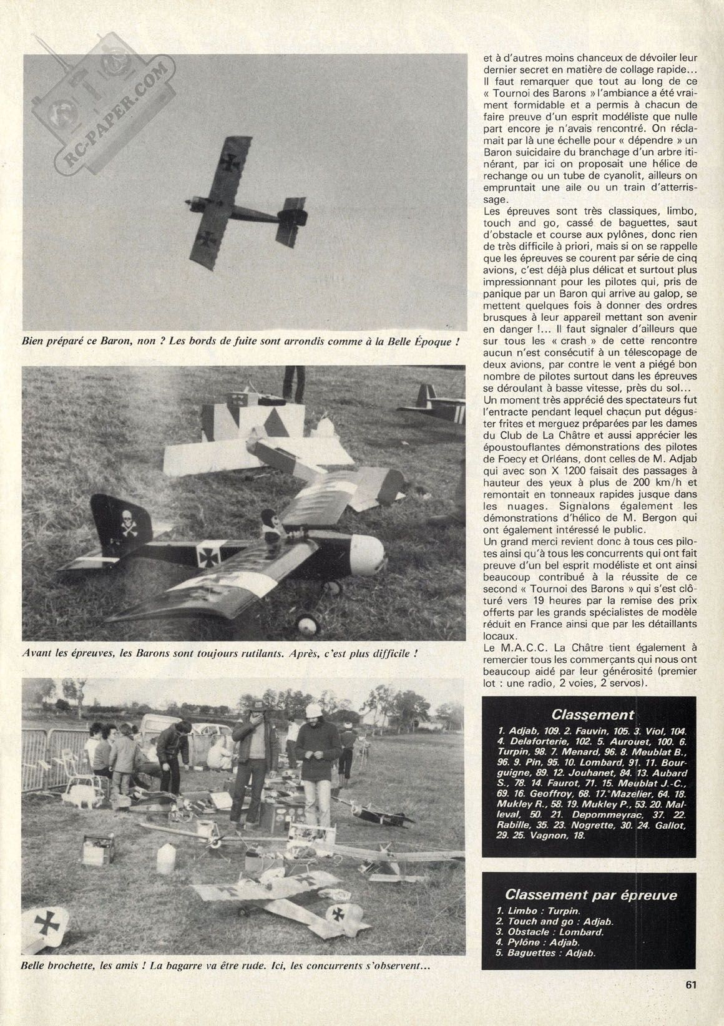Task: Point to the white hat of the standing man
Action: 313,711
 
